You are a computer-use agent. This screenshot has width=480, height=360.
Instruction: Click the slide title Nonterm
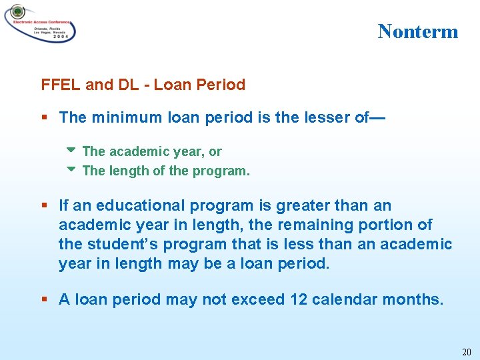point(418,31)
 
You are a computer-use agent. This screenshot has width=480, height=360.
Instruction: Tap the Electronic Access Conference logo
point(40,24)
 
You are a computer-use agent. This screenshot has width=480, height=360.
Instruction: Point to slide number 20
point(465,351)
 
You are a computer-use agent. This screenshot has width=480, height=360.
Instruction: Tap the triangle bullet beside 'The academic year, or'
point(72,151)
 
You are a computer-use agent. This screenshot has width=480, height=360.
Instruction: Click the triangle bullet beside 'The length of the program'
point(72,169)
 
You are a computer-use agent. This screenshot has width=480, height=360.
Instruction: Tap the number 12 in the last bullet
point(299,300)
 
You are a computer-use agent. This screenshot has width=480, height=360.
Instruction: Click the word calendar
point(345,300)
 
